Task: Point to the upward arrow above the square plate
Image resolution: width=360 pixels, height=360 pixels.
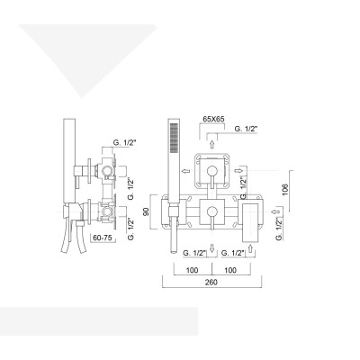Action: coord(212,142)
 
